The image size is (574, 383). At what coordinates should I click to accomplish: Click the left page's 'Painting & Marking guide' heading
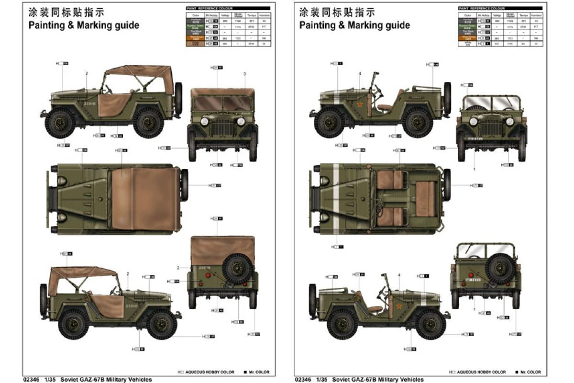click(x=84, y=25)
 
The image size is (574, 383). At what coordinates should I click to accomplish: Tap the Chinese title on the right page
click(x=337, y=11)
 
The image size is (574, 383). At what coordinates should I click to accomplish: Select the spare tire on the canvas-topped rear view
click(x=238, y=270)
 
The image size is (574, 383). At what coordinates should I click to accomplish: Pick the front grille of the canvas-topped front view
click(x=222, y=127)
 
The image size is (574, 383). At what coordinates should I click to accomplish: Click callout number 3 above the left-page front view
click(x=244, y=74)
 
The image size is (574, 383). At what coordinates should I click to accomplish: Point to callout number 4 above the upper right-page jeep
click(x=359, y=74)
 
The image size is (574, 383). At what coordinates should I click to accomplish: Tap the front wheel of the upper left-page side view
click(x=61, y=123)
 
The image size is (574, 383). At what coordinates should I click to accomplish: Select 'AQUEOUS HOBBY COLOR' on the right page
click(x=481, y=372)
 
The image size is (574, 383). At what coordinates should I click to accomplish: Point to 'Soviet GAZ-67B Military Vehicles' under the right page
click(x=378, y=380)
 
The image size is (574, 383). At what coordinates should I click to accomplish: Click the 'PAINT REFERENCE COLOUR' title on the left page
click(x=209, y=9)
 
